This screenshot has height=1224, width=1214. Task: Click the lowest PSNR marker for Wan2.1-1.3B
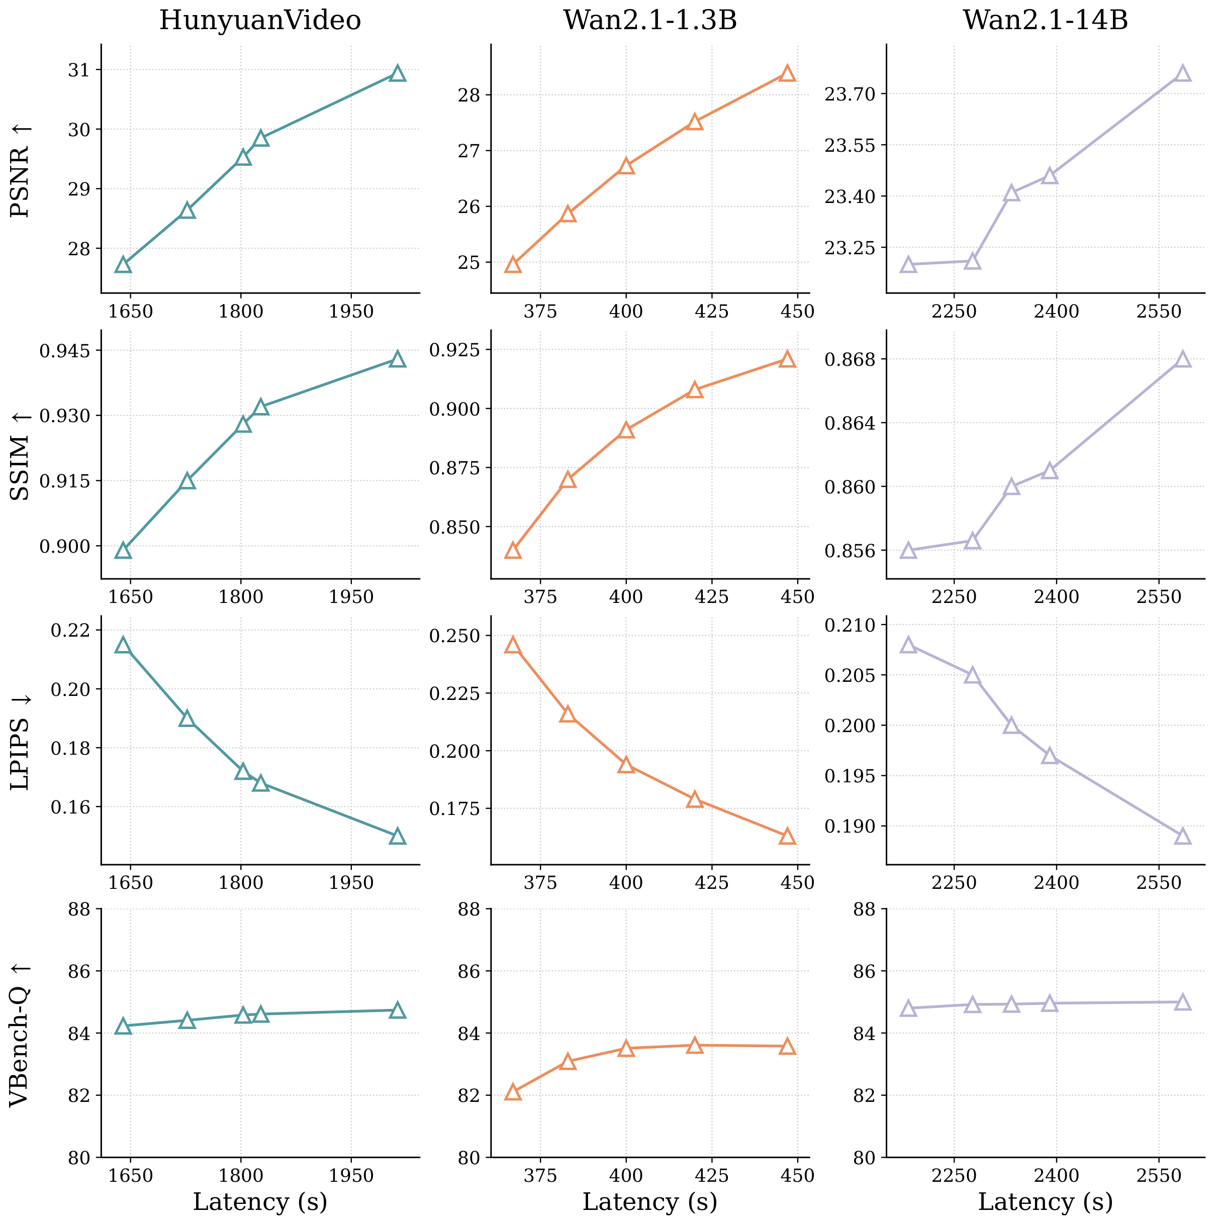(513, 265)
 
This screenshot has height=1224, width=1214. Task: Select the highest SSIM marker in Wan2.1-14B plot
(1182, 359)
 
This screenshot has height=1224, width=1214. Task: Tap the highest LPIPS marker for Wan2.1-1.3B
(513, 646)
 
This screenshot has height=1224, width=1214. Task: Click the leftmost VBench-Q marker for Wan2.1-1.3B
(513, 1093)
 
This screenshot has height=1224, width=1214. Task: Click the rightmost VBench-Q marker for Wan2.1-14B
(1182, 1002)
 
